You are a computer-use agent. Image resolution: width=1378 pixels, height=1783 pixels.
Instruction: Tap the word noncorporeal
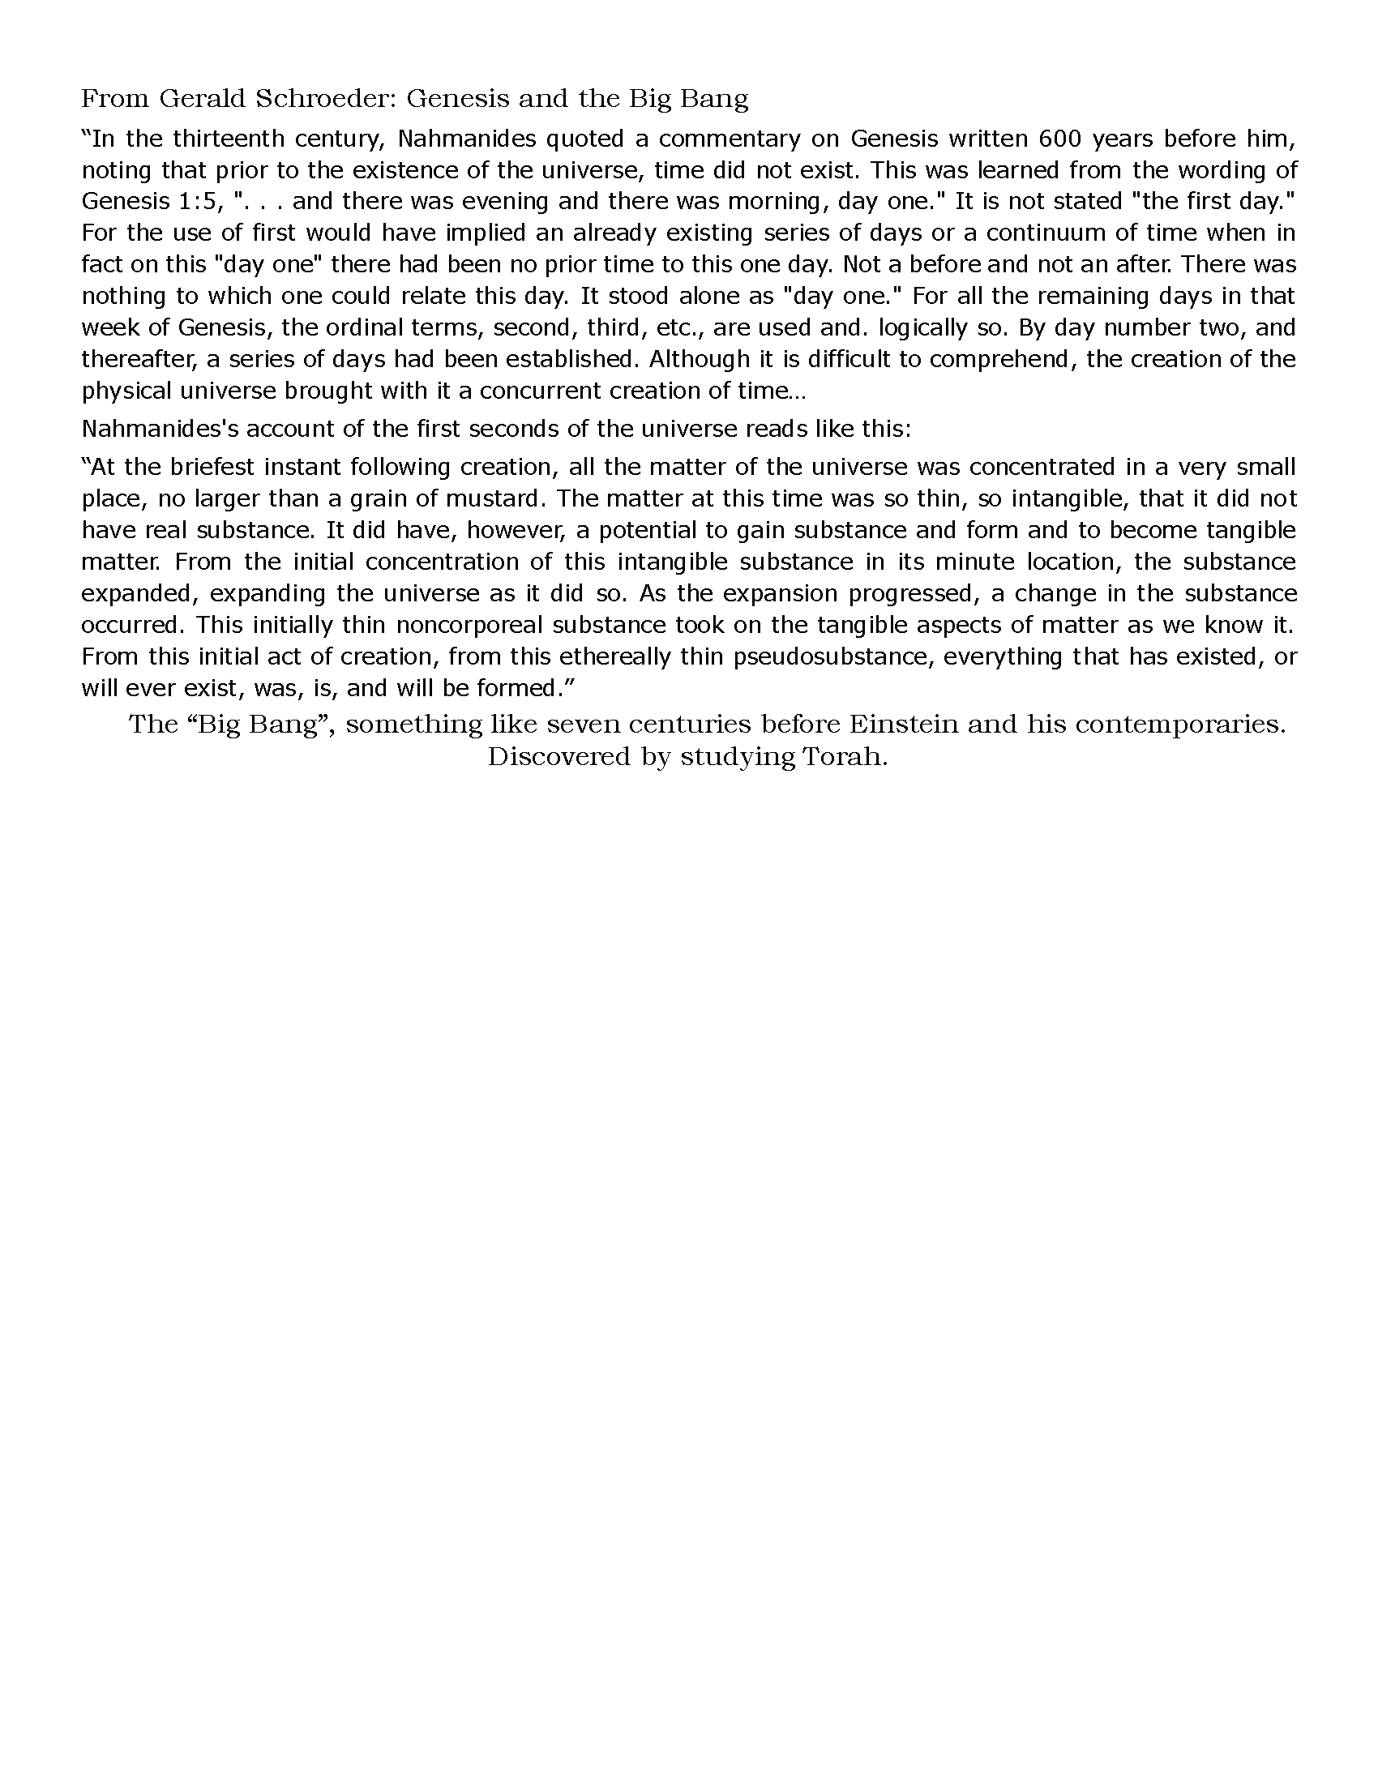click(x=469, y=625)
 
